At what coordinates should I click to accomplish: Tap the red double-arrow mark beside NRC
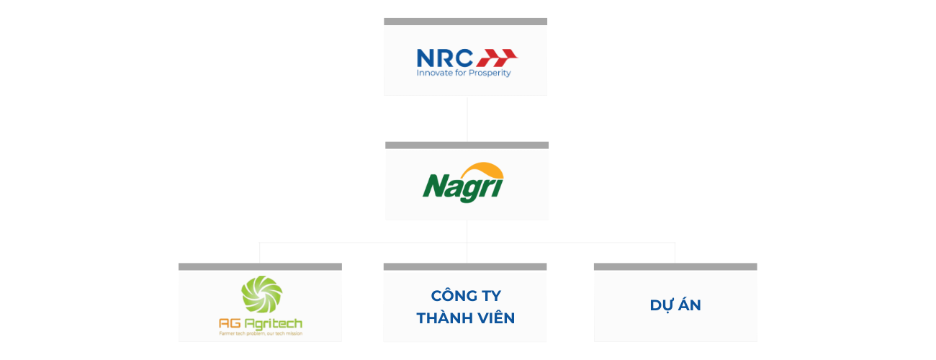[499, 57]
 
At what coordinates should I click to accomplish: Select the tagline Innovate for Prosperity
[464, 73]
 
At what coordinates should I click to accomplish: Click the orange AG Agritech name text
[261, 323]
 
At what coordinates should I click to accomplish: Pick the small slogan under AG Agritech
[261, 333]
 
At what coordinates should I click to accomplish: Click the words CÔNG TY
[465, 296]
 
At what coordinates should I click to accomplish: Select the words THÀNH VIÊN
[465, 318]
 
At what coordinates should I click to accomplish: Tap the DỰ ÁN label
[675, 305]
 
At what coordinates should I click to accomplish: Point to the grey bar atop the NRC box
[466, 21]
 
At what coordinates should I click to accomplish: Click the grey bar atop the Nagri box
[467, 145]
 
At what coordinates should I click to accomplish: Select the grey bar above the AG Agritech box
[260, 266]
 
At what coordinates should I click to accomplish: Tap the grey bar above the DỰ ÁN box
[675, 266]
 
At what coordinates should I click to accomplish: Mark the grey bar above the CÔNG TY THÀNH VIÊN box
[465, 266]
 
